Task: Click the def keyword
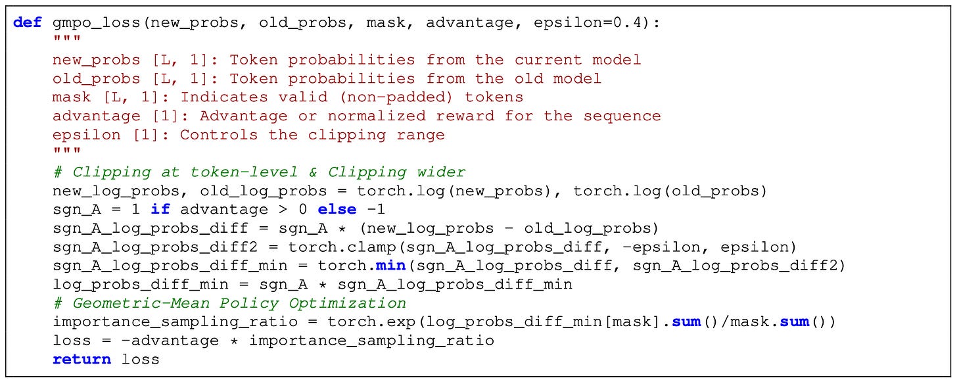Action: pyautogui.click(x=27, y=22)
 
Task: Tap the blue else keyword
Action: pyautogui.click(x=337, y=210)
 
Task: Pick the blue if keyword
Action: pyautogui.click(x=160, y=210)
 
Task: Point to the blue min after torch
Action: pyautogui.click(x=386, y=266)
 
